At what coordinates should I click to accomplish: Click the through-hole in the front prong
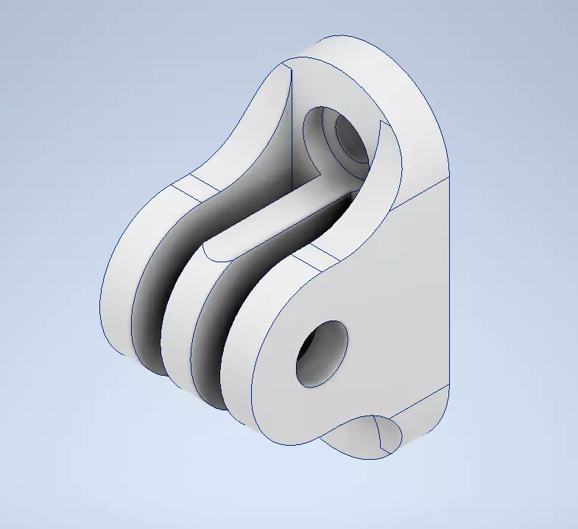(322, 354)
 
